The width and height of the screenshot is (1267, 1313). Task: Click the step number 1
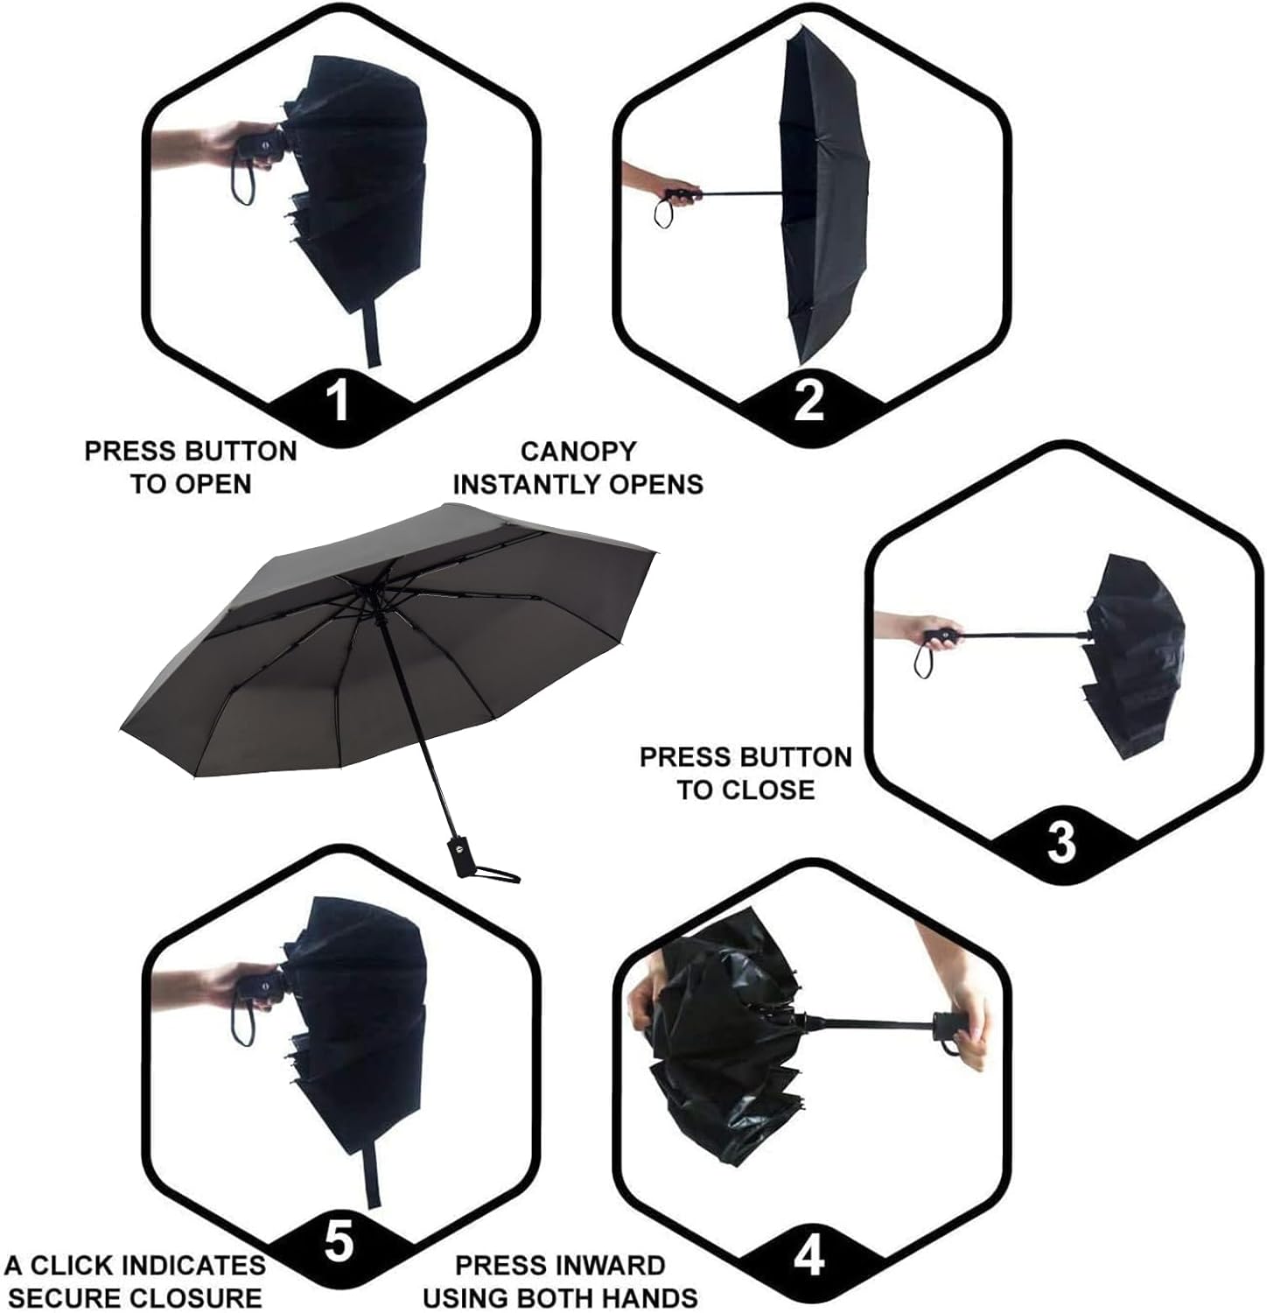(338, 398)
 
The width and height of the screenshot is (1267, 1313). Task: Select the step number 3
(1061, 841)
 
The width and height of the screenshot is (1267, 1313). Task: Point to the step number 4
(808, 1257)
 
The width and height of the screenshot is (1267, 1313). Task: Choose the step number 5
(339, 1241)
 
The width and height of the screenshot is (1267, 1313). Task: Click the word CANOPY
(578, 451)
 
